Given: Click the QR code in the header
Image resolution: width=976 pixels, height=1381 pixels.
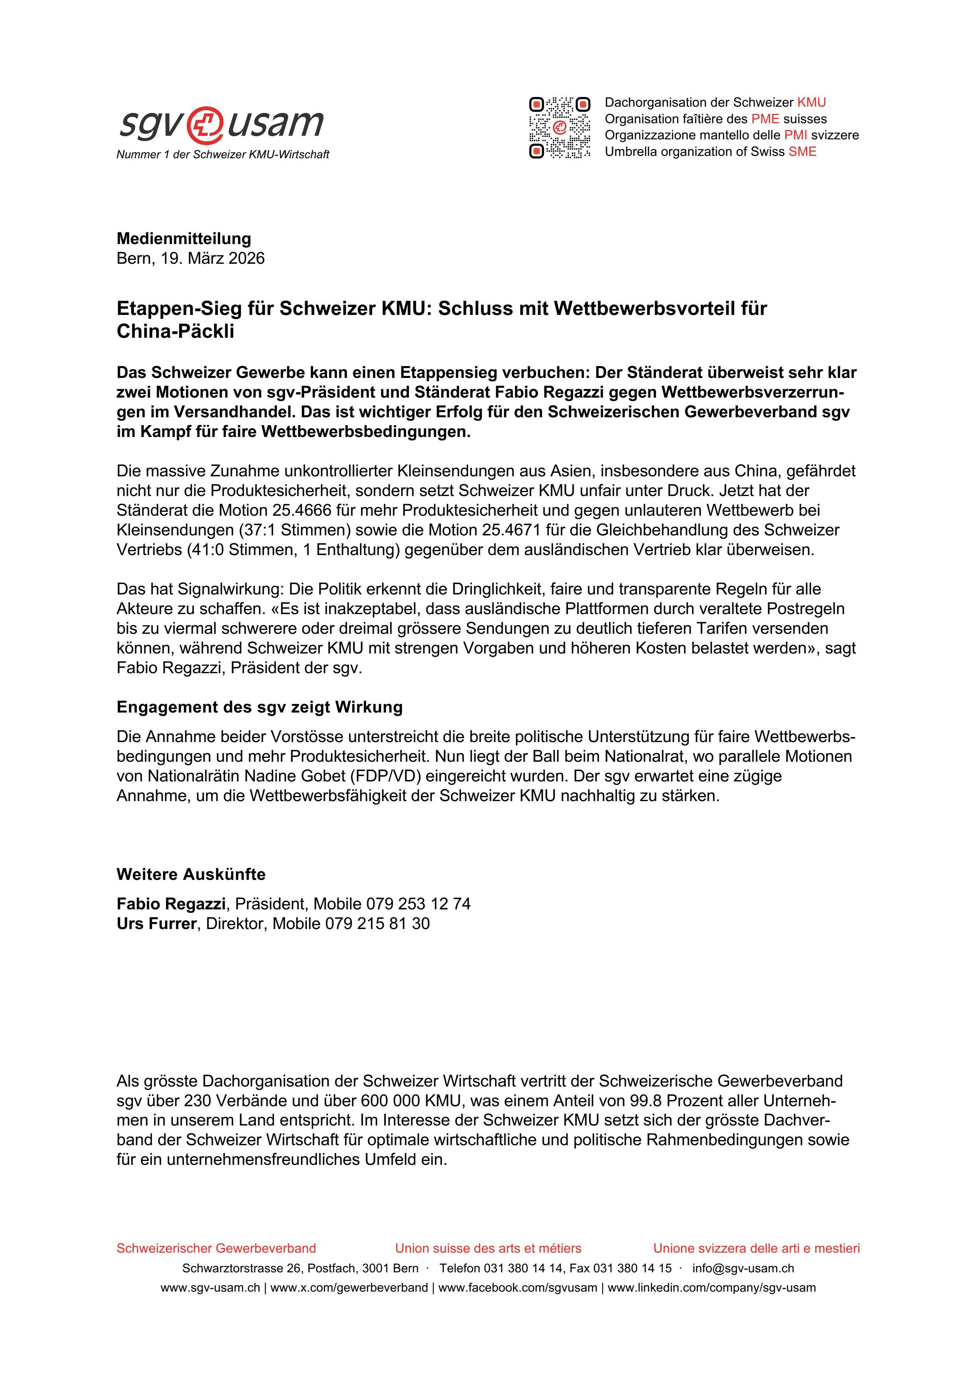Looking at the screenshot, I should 559,128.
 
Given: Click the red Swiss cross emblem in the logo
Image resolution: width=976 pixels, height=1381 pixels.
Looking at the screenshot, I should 205,124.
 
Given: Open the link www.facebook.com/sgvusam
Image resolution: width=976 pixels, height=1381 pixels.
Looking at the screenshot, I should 518,1288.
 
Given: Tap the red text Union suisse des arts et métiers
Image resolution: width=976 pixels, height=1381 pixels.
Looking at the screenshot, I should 488,1248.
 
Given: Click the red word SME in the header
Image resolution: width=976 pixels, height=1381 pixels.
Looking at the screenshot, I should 802,152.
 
